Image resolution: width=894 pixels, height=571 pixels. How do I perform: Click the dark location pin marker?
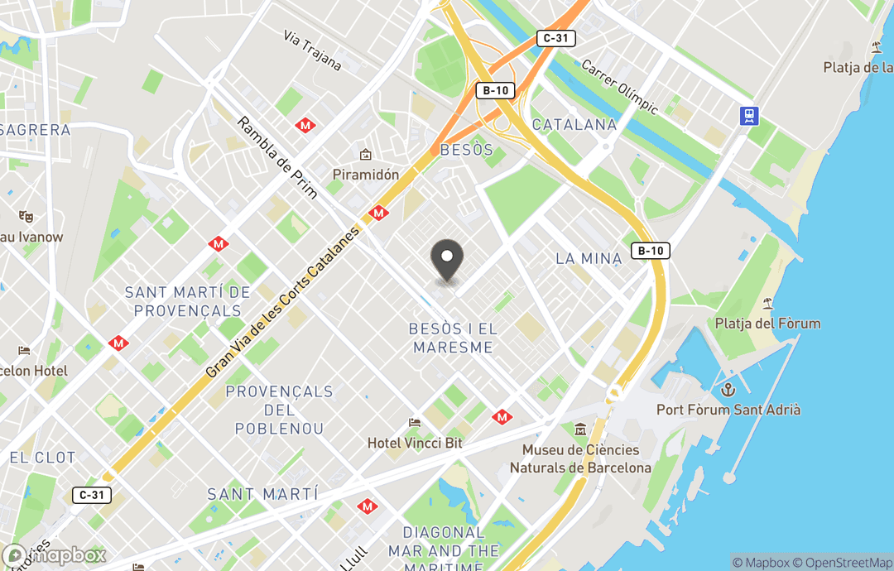(x=448, y=260)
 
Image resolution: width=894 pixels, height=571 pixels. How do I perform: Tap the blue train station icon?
(x=749, y=115)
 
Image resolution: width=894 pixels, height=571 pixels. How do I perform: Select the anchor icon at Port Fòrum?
(x=728, y=390)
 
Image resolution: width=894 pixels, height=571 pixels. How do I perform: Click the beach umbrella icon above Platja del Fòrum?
(x=767, y=304)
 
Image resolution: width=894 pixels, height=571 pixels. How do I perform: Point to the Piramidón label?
(x=365, y=175)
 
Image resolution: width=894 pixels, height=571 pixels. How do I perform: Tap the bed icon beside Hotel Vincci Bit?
(x=415, y=424)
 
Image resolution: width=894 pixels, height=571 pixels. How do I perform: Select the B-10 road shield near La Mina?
(x=650, y=251)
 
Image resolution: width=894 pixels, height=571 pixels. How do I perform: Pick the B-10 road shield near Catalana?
(x=495, y=90)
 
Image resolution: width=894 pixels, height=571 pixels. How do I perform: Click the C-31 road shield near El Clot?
(x=92, y=495)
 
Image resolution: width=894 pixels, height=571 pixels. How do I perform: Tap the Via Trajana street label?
(x=312, y=50)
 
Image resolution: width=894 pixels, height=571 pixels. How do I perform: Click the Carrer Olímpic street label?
(x=619, y=87)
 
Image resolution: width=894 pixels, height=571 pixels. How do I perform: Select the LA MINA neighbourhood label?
(x=589, y=258)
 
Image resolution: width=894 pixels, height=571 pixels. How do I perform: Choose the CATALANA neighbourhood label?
(x=574, y=125)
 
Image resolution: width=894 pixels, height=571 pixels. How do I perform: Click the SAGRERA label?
(x=36, y=130)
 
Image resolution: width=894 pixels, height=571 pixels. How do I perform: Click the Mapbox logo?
(x=55, y=556)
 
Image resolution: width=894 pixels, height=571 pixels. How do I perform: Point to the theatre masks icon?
(x=26, y=216)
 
